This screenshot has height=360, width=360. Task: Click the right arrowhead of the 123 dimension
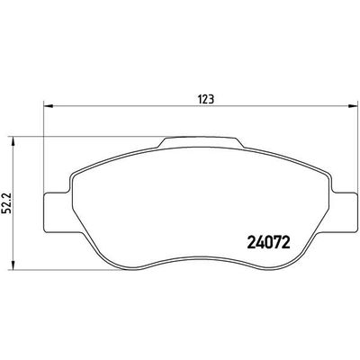coord(347,108)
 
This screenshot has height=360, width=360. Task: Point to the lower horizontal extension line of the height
coord(90,268)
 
